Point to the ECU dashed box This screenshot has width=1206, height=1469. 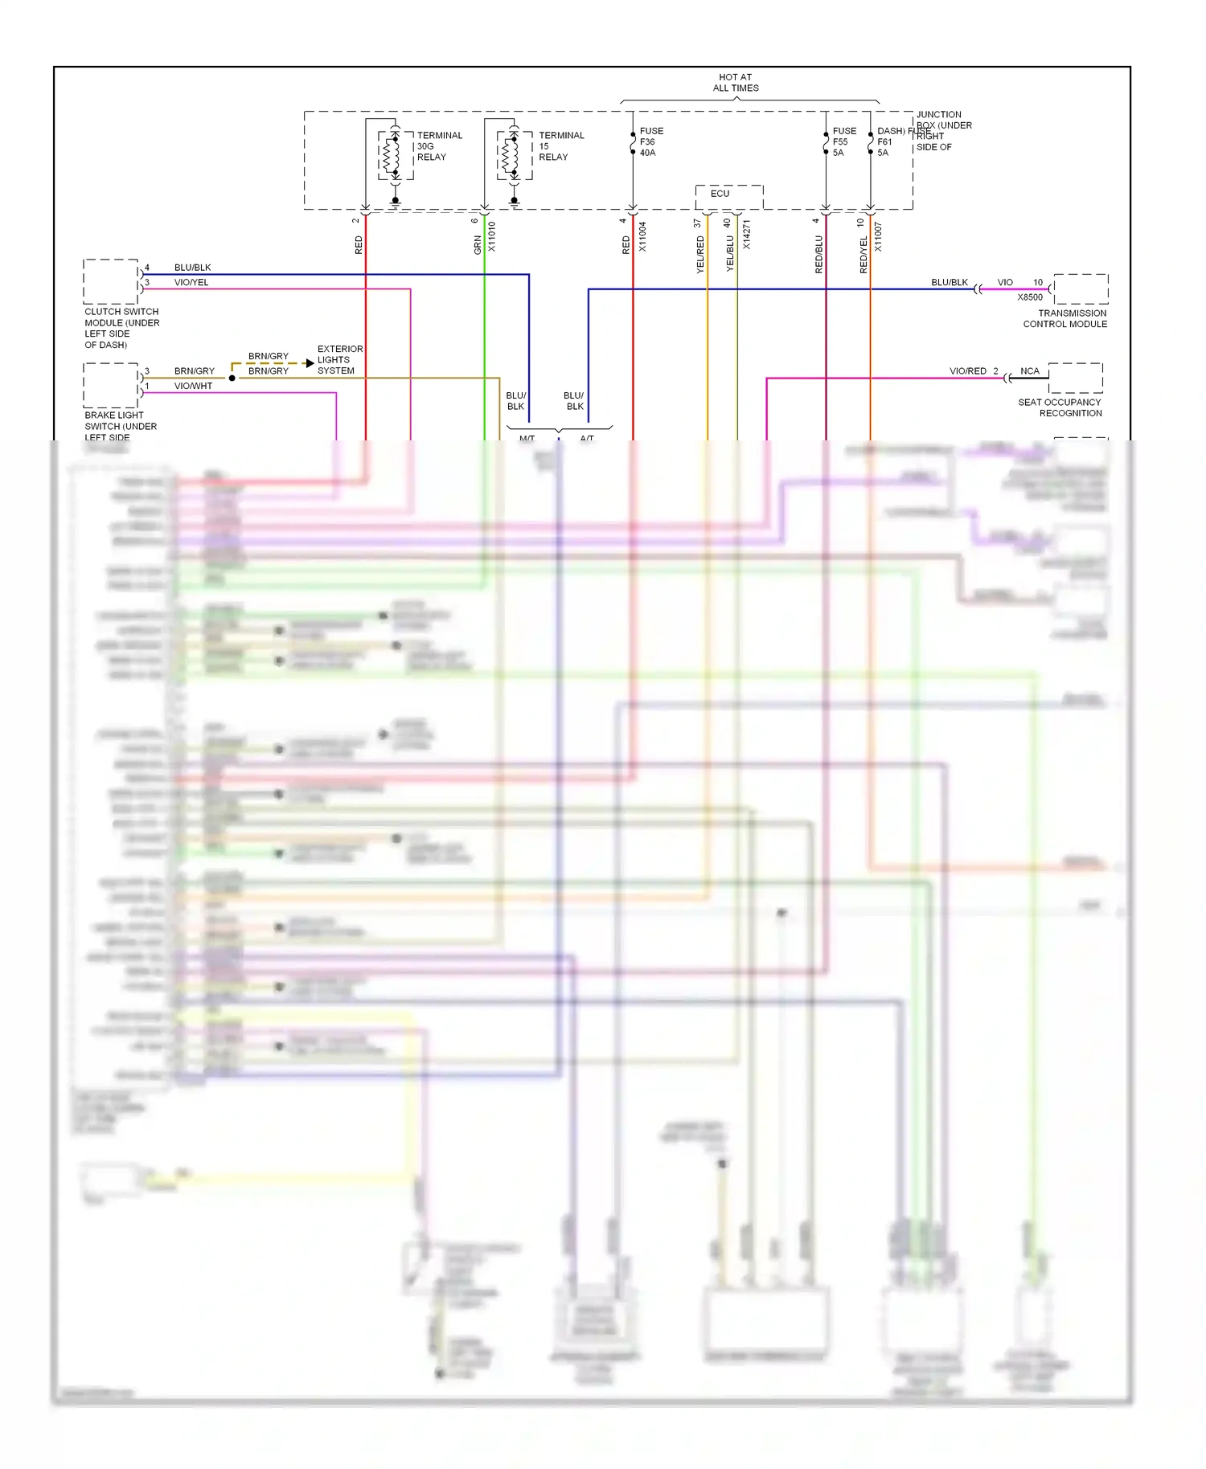728,196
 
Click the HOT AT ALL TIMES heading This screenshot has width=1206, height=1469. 736,83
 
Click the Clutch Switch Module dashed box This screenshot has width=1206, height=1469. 111,281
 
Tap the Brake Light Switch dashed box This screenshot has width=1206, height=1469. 111,385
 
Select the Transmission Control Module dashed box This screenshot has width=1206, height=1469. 1081,288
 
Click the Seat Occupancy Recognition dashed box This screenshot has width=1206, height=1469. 1075,378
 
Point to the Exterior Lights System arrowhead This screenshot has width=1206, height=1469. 310,363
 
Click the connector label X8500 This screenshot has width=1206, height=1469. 1030,297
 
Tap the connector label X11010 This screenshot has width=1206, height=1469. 492,237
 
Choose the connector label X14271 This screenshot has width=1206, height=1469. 747,234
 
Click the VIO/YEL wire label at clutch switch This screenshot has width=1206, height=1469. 191,283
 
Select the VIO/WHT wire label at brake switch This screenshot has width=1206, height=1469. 193,387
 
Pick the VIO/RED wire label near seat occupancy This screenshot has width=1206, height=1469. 967,371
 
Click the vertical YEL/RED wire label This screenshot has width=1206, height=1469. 700,254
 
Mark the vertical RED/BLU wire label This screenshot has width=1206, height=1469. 819,254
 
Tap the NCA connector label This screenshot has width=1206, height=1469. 1030,371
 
